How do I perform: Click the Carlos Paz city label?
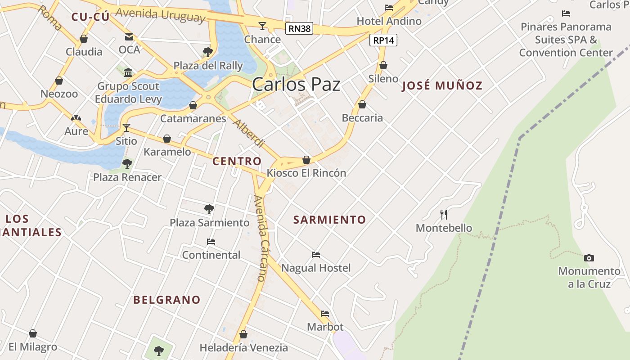tap(296, 85)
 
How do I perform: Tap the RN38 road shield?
tap(299, 29)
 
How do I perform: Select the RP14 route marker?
tap(383, 40)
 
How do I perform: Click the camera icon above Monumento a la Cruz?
tap(589, 258)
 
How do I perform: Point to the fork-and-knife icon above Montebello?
tap(444, 214)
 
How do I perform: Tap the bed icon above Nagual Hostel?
tap(316, 255)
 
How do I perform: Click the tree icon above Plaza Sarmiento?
tap(209, 209)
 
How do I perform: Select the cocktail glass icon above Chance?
tap(262, 26)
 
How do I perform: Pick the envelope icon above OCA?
tap(129, 36)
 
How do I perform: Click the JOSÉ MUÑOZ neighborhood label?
tap(442, 85)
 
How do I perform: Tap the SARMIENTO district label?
tap(329, 220)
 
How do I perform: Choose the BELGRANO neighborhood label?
tap(167, 300)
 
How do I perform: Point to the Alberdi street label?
tap(248, 134)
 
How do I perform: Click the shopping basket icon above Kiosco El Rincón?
tap(306, 160)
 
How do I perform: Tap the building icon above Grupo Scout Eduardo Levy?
tap(128, 73)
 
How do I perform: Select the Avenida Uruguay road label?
tap(160, 15)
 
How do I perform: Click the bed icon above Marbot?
tap(325, 314)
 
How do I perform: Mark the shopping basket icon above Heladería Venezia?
tap(243, 334)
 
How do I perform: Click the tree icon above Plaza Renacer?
tap(127, 164)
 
